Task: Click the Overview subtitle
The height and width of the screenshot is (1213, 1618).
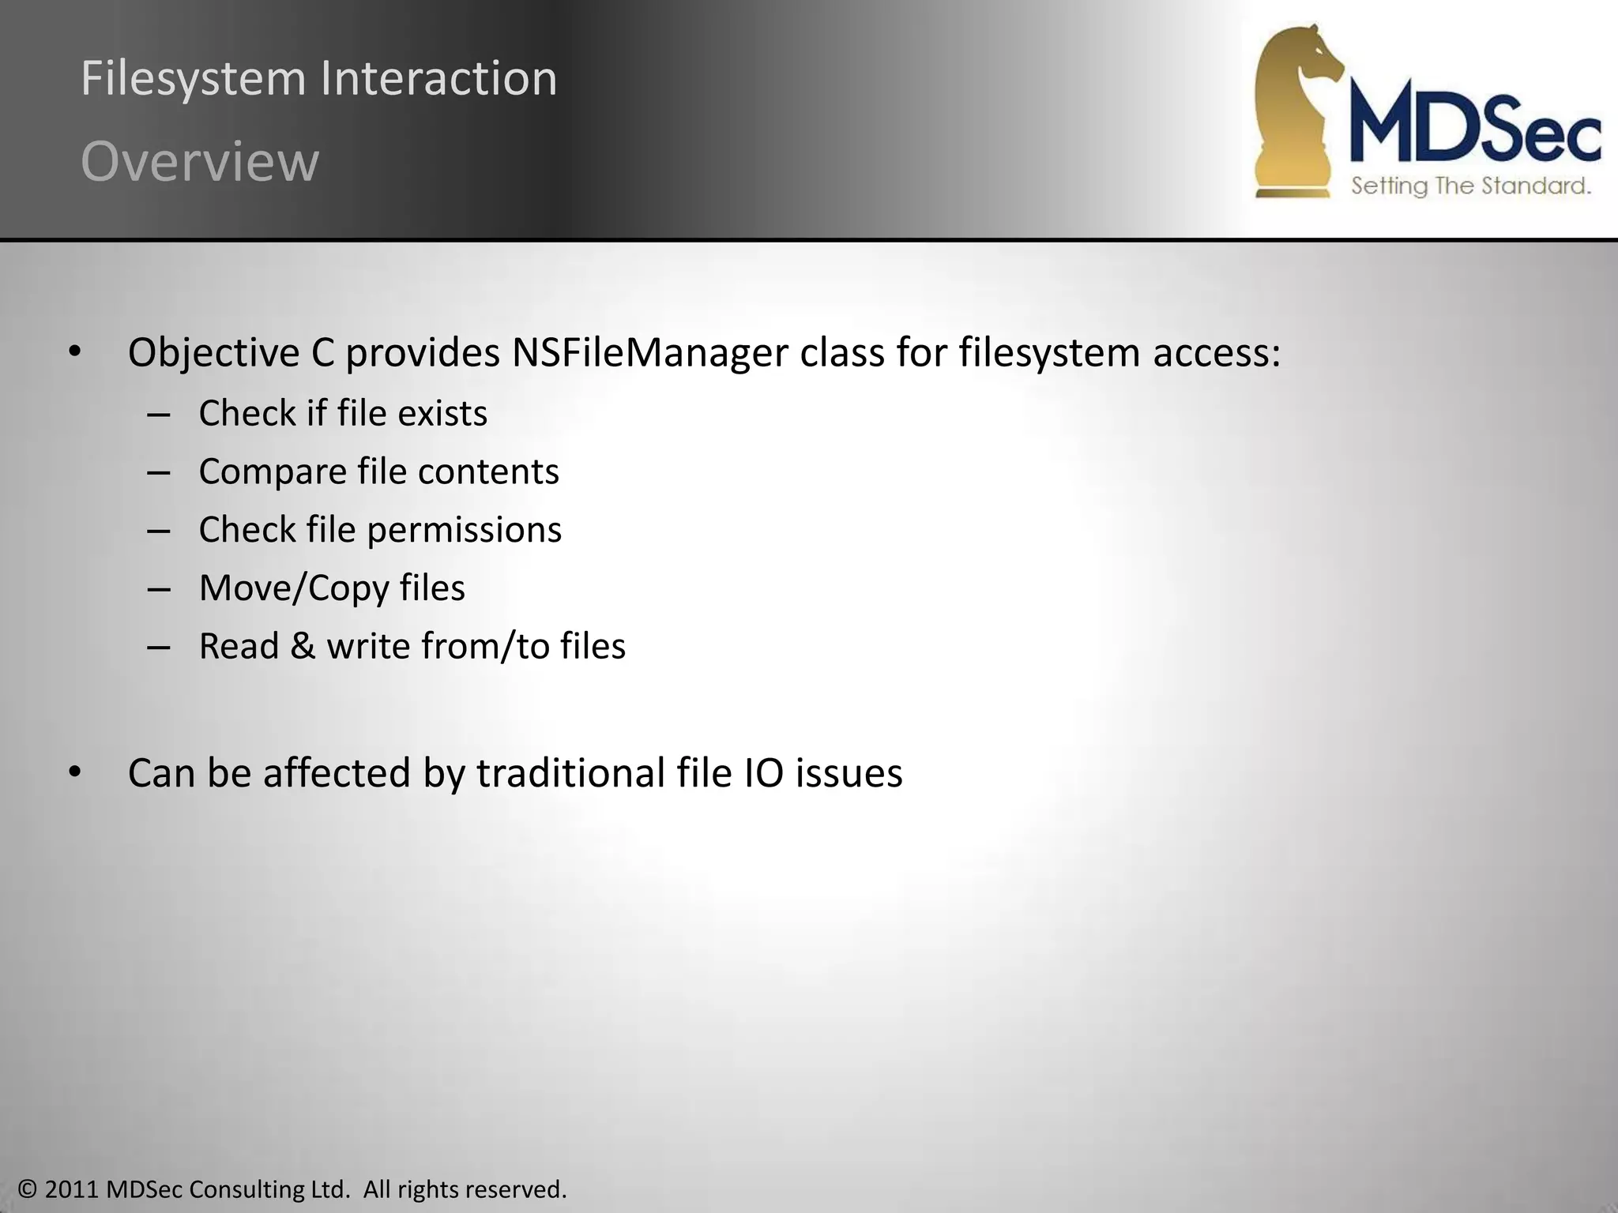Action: pos(200,162)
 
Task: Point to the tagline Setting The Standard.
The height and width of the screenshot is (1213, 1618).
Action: pos(1470,186)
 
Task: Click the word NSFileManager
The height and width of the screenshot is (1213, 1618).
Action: pos(649,352)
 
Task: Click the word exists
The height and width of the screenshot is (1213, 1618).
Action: pos(442,413)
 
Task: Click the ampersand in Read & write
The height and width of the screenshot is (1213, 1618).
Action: pos(303,646)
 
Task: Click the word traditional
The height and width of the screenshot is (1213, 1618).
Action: pos(570,772)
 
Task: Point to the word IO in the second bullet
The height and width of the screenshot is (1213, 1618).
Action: pos(764,772)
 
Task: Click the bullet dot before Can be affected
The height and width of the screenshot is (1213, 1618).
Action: pos(74,772)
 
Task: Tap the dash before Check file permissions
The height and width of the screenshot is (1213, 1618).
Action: pos(159,531)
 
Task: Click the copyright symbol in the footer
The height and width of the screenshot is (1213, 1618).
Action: pos(28,1189)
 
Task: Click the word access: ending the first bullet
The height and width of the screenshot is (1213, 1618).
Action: pos(1217,352)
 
